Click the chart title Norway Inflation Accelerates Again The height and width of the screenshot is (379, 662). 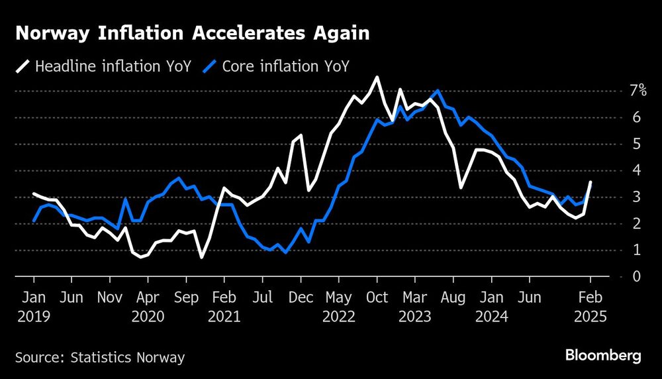192,34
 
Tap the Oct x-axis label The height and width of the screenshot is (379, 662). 377,298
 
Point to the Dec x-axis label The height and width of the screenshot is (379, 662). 301,298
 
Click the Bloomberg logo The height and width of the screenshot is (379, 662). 603,356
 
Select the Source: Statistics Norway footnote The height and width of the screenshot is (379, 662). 99,358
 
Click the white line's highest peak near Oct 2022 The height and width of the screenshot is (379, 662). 377,78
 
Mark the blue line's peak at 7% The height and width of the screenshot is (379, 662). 438,91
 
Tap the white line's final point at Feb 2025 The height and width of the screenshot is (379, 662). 590,182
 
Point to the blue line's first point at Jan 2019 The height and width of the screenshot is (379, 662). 34,221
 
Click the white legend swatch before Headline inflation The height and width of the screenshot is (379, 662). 23,66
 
